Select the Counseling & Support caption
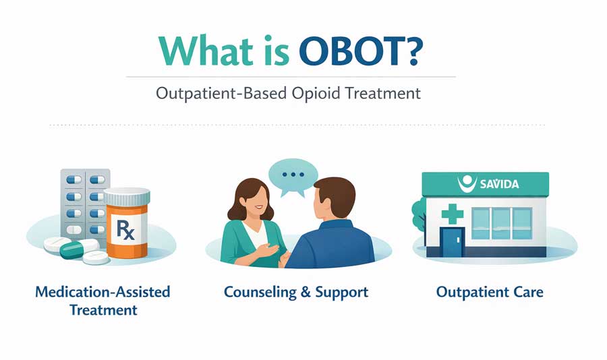[295, 293]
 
